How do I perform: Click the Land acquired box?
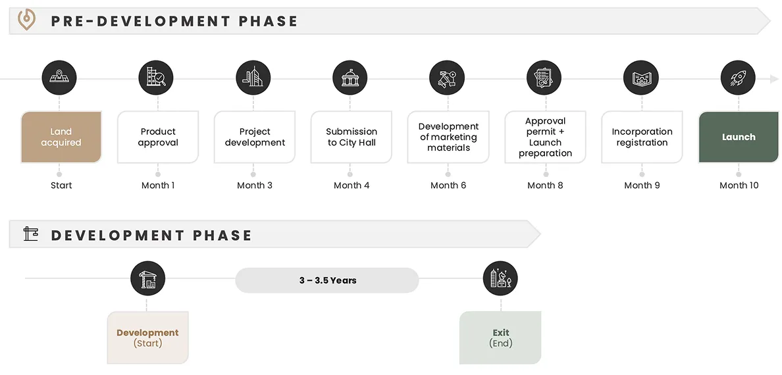[61, 137]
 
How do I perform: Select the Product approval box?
[158, 137]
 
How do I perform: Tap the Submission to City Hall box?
[352, 137]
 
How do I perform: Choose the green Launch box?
[739, 137]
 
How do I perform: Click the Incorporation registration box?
[642, 137]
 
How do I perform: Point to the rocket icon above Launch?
[738, 78]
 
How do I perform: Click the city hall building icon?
[350, 78]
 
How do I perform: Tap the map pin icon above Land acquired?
[59, 78]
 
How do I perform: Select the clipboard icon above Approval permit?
[544, 78]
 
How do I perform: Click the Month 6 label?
[448, 186]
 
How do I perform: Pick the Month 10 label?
[739, 186]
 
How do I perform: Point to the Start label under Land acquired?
[61, 186]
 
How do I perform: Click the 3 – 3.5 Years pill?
[327, 280]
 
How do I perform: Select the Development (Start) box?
[147, 337]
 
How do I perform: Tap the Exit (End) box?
[500, 337]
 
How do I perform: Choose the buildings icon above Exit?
[500, 279]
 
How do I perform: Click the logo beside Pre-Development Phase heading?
[26, 20]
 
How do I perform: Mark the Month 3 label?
[255, 186]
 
